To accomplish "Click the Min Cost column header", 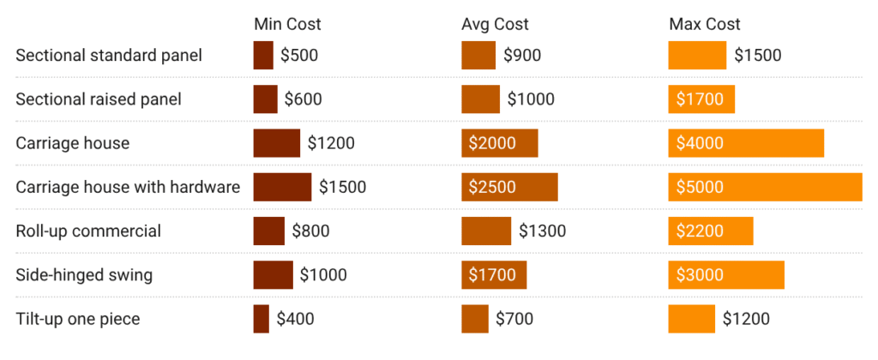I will pos(287,24).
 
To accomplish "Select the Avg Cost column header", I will pos(495,24).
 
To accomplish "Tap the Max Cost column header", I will pos(704,24).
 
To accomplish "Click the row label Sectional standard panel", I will pos(109,56).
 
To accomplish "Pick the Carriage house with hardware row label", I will pos(128,187).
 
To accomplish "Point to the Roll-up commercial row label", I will pos(88,231).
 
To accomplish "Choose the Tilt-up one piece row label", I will pos(78,319).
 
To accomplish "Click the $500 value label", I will pos(299,56).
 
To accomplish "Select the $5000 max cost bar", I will pos(765,187).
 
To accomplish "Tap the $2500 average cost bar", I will pos(509,187).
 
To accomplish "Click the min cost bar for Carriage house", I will pos(276,143).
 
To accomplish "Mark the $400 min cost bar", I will pos(261,319).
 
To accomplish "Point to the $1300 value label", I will pos(542,231).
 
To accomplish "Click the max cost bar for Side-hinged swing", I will pos(726,275).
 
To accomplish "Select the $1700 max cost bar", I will pos(701,99).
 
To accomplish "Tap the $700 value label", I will pos(514,319).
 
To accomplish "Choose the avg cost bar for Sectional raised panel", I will pos(480,99).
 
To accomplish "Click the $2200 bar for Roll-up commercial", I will pos(711,231).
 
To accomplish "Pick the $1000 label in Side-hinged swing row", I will pos(323,275).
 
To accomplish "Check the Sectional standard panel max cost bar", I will pos(697,56).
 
